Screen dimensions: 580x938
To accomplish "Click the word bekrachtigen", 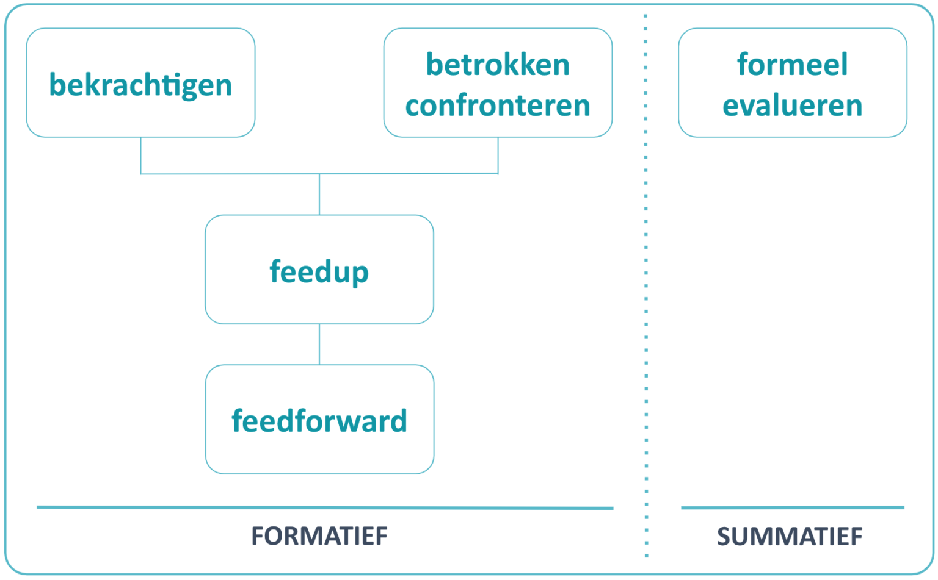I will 140,85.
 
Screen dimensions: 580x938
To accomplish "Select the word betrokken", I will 498,65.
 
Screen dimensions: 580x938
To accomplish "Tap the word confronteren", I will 498,106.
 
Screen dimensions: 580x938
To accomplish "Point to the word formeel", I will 792,65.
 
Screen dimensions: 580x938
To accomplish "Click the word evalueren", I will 792,106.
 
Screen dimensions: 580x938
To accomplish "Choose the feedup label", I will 319,271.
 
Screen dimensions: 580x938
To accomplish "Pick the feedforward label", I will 319,421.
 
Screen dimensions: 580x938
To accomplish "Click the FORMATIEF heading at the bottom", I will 319,536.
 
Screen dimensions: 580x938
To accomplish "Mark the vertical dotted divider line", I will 646,305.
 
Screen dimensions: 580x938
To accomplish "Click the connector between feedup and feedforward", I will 319,344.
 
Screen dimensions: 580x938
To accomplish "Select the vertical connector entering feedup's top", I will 319,195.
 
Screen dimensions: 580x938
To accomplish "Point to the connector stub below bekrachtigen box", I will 141,155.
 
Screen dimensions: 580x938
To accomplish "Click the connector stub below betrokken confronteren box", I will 498,155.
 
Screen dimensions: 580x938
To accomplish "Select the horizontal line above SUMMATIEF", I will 792,507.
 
